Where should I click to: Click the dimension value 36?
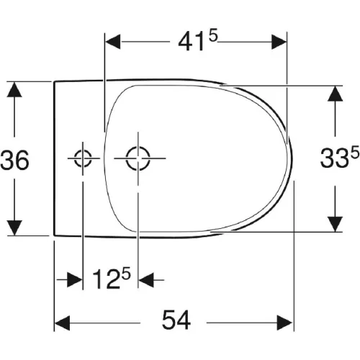[15, 160]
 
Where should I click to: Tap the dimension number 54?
[176, 320]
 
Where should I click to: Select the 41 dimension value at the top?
[192, 43]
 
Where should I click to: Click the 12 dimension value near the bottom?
[107, 279]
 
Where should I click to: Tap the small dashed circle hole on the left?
[83, 158]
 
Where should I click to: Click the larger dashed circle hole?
[138, 158]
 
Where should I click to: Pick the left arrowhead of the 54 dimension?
[63, 323]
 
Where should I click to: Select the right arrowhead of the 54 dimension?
[285, 323]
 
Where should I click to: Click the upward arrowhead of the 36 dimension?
[14, 89]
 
